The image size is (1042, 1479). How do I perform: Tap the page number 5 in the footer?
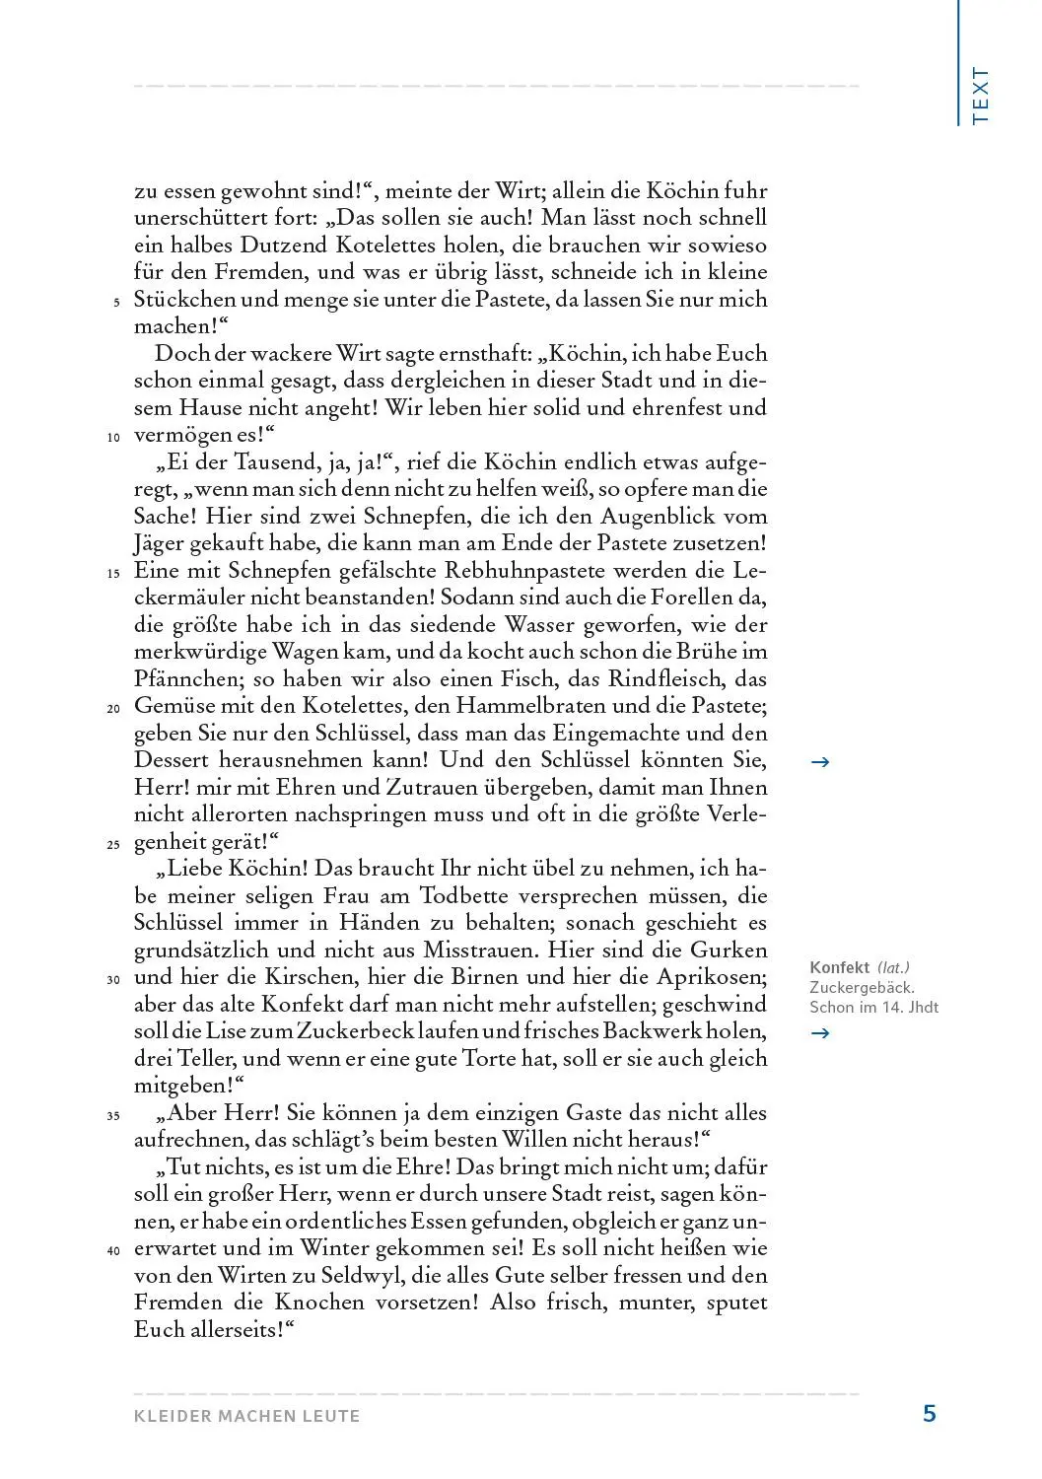929,1414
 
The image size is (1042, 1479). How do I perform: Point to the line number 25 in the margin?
112,845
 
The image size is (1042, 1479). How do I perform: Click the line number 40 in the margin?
112,1252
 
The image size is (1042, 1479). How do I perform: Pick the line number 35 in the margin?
112,1117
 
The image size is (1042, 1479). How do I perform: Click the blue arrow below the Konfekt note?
818,1033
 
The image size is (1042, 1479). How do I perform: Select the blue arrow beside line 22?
818,761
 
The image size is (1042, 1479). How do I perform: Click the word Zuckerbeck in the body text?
351,1032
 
